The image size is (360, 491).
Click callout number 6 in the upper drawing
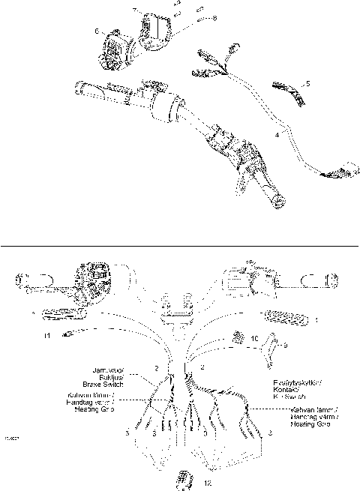coord(96,31)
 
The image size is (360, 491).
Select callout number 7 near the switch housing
coord(135,10)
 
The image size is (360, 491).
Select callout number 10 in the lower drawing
coord(255,339)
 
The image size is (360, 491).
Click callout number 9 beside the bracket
coord(284,346)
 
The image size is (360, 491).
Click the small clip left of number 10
coord(238,337)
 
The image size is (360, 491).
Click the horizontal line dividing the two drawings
coord(180,244)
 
